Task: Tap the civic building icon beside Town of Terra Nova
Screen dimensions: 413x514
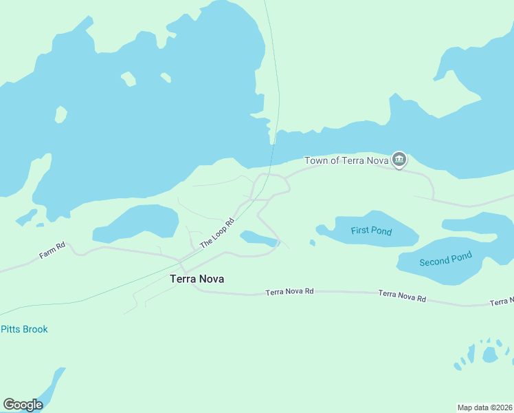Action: tap(399, 160)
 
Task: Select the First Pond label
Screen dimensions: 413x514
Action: tap(371, 231)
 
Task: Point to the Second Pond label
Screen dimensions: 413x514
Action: tap(445, 260)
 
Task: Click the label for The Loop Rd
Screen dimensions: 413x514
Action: tap(217, 233)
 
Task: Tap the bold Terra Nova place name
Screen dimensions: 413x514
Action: tap(197, 279)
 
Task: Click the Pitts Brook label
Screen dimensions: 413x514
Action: tap(24, 329)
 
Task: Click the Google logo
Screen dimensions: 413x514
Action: tap(23, 405)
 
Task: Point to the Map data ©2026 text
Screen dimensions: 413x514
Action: tap(484, 407)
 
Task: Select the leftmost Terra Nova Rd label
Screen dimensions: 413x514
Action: tap(289, 293)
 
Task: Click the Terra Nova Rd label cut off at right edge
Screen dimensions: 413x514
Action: tap(502, 301)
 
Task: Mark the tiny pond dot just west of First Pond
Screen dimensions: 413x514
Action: tap(313, 242)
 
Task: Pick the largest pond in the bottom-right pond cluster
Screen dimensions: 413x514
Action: tap(490, 354)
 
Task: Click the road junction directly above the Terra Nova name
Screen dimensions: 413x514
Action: tap(181, 260)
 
